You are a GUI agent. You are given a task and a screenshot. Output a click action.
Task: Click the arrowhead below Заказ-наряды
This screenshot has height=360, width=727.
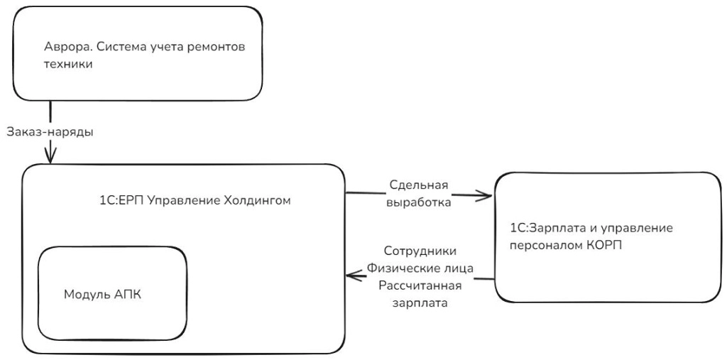[x=50, y=158]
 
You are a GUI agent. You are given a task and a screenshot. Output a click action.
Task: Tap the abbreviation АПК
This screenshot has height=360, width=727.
[x=127, y=295]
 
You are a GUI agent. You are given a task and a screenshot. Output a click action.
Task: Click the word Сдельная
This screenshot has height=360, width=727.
[x=419, y=186]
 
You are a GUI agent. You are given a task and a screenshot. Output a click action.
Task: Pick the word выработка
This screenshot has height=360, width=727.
[x=419, y=202]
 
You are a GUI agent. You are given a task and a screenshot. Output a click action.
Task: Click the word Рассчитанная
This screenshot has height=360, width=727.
[x=420, y=285]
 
